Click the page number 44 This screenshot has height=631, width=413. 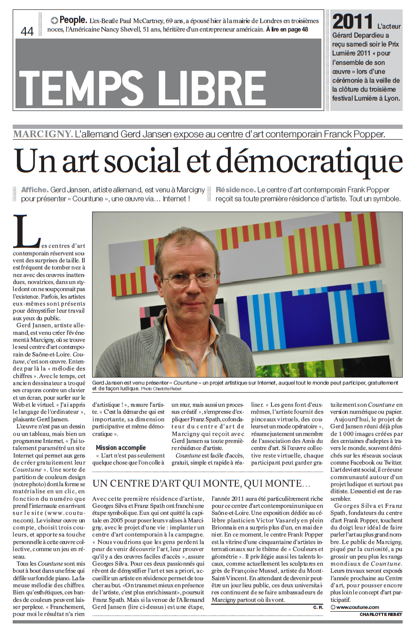tap(27, 31)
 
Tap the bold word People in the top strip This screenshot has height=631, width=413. tap(73, 20)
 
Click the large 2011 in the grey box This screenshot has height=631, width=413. tap(352, 22)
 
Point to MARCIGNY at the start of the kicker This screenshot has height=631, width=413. tap(43, 134)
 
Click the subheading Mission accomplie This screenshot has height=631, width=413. tap(121, 448)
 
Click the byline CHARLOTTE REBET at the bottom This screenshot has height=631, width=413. tap(381, 614)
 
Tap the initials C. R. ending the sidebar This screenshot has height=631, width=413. tap(318, 607)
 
